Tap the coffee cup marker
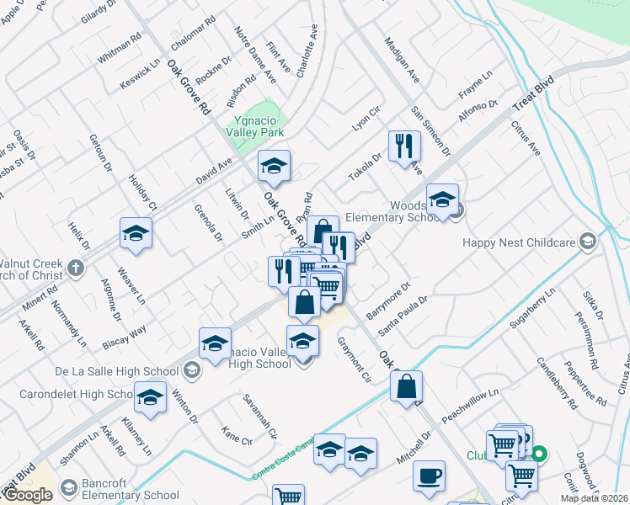coord(430,476)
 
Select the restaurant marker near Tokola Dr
coord(405,146)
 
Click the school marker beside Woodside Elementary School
coord(442,200)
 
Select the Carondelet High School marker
coord(151,398)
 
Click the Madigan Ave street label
coord(402,59)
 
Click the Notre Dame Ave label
coord(255,55)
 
